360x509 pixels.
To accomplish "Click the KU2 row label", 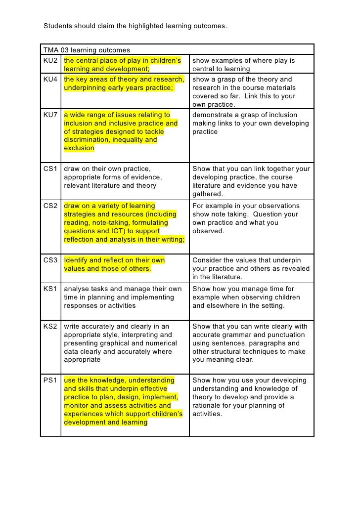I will (x=50, y=61).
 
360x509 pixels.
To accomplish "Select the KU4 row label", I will (x=50, y=80).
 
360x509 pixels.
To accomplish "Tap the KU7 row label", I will (x=50, y=115).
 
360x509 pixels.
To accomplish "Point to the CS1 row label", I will (x=50, y=169).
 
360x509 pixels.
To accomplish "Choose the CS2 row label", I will (x=50, y=206).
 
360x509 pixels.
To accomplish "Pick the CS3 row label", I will (x=50, y=260).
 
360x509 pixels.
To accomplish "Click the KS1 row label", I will (x=50, y=289).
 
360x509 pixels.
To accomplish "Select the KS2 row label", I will (x=50, y=327).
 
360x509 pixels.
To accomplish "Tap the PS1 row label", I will (x=50, y=381).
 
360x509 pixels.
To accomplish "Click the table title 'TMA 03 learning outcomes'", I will (x=87, y=50).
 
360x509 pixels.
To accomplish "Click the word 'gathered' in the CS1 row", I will (x=207, y=194).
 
